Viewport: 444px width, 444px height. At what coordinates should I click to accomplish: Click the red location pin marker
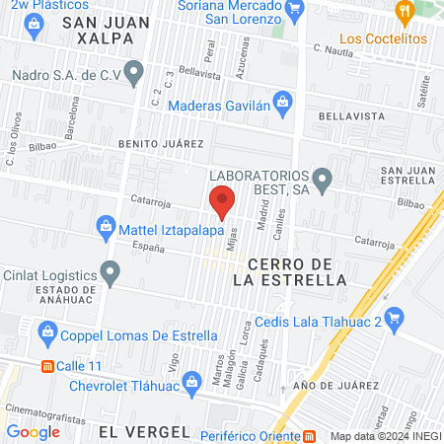pos(223,201)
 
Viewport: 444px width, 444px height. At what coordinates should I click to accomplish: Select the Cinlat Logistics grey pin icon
pos(111,271)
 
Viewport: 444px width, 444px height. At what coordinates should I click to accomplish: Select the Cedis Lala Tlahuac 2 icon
pos(395,318)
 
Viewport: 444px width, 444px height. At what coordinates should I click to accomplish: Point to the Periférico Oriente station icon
pos(309,434)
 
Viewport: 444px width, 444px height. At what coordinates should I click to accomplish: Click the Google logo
pos(33,431)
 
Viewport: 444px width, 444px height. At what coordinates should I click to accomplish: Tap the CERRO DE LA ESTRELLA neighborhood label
pos(297,271)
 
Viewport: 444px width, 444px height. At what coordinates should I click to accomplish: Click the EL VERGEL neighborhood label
pos(144,431)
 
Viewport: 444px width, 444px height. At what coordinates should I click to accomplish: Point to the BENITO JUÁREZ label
pos(161,144)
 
